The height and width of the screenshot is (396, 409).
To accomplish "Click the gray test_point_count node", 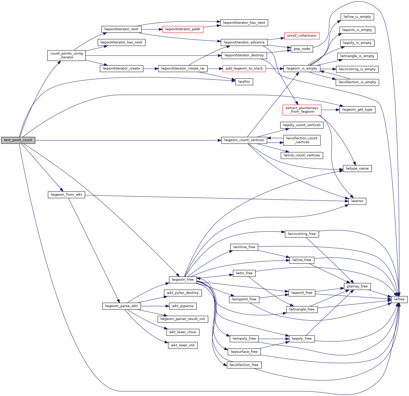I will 18,140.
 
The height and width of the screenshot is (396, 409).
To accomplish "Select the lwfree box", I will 399,299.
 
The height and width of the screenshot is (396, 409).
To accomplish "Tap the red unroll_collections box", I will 302,36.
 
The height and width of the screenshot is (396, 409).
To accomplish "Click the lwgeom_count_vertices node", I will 244,140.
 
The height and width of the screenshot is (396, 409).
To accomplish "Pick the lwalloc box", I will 244,82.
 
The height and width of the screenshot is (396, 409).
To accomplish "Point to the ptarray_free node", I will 357,286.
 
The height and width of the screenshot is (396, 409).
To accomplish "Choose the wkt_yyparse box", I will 183,306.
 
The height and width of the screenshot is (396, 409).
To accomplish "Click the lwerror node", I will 357,201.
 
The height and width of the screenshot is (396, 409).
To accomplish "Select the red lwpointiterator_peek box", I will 183,29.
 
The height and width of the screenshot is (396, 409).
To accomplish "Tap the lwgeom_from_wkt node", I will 66,195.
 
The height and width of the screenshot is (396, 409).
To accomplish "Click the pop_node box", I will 302,49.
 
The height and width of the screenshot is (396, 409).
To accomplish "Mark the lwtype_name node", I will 357,169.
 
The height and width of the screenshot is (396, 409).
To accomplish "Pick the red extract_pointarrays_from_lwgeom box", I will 302,110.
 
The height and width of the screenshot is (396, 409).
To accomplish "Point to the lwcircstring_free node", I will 302,234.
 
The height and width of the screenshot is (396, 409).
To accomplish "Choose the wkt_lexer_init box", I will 183,345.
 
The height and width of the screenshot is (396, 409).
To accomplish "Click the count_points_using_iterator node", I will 66,56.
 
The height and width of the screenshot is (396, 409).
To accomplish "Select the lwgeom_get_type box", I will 357,110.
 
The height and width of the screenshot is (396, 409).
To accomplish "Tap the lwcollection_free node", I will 244,365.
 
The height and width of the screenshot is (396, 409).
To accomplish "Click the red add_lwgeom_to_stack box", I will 244,68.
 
